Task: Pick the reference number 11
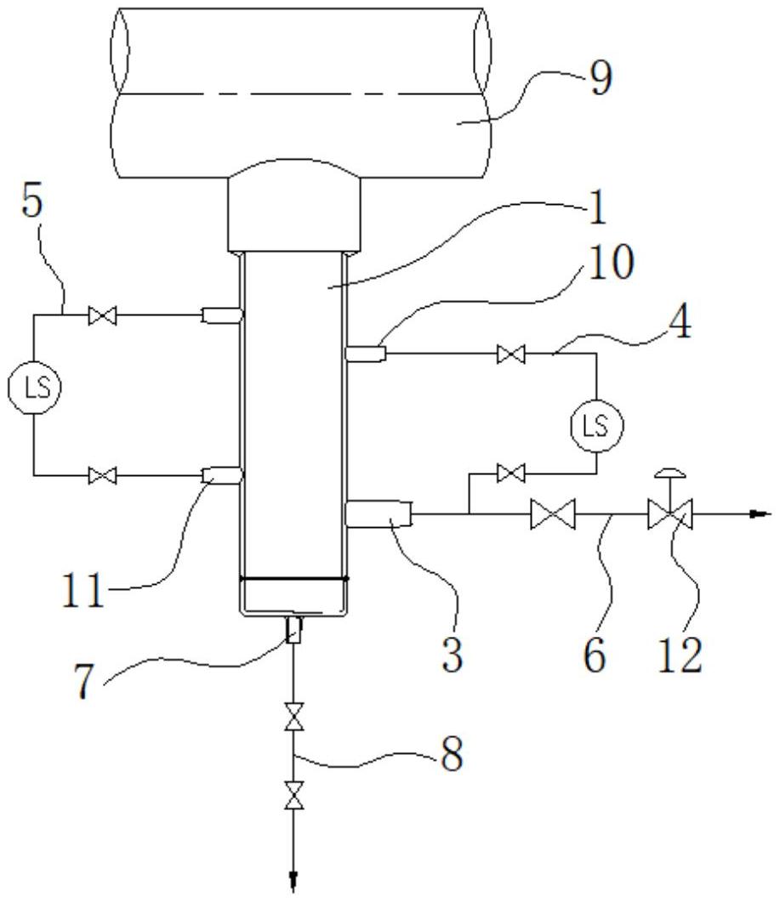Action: coord(83,590)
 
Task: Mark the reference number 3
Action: coord(454,654)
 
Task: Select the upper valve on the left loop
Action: coord(103,316)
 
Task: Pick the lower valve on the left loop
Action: coord(103,474)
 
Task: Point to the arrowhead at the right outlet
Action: coord(760,513)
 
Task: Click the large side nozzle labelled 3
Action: coord(378,513)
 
